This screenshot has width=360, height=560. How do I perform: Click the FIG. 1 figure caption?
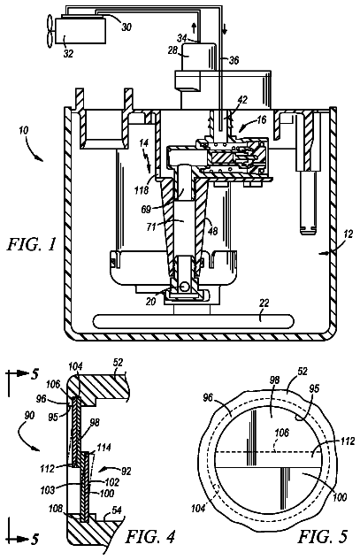[x=32, y=245]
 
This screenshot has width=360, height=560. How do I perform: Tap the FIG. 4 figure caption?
[x=150, y=536]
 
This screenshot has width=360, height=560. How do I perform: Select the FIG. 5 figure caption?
[x=323, y=536]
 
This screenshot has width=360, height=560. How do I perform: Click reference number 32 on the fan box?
[x=68, y=53]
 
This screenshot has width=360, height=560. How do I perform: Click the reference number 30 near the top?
[x=126, y=27]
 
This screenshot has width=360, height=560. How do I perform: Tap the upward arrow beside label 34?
[x=194, y=27]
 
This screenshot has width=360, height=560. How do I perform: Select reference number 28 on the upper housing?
[x=172, y=50]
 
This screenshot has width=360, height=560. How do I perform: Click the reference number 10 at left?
[x=24, y=131]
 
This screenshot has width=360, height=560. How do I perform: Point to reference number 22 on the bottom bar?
[x=265, y=303]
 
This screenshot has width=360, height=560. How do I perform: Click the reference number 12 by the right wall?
[x=348, y=234]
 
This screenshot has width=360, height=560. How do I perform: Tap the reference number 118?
[x=142, y=190]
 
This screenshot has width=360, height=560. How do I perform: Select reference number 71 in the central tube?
[x=151, y=226]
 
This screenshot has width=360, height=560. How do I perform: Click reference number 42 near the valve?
[x=242, y=100]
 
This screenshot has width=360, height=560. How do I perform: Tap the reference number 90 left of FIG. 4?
[x=29, y=416]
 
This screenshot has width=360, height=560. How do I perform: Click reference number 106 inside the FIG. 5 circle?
[x=281, y=433]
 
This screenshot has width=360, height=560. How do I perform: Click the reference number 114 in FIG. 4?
[x=104, y=447]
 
